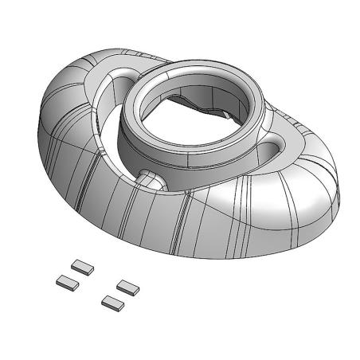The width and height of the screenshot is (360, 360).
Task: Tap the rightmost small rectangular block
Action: click(128, 285)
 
